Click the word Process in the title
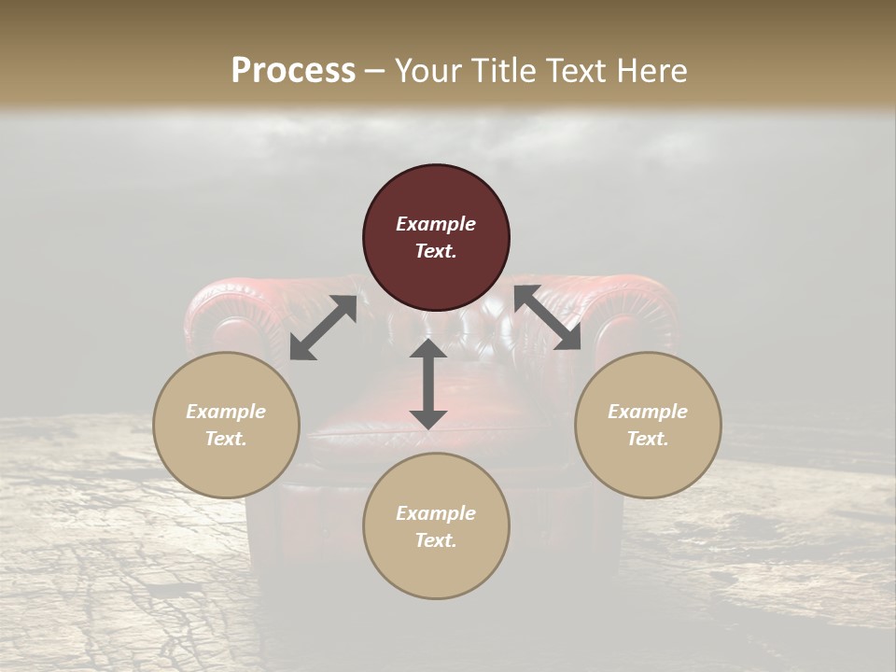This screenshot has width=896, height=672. [293, 71]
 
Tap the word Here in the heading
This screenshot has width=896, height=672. [651, 71]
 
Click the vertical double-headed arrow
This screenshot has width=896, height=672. [428, 384]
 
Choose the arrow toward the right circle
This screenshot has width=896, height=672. [547, 317]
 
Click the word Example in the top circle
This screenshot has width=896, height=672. [436, 224]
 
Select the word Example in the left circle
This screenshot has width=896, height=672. [226, 412]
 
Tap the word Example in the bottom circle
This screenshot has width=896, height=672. [436, 513]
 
